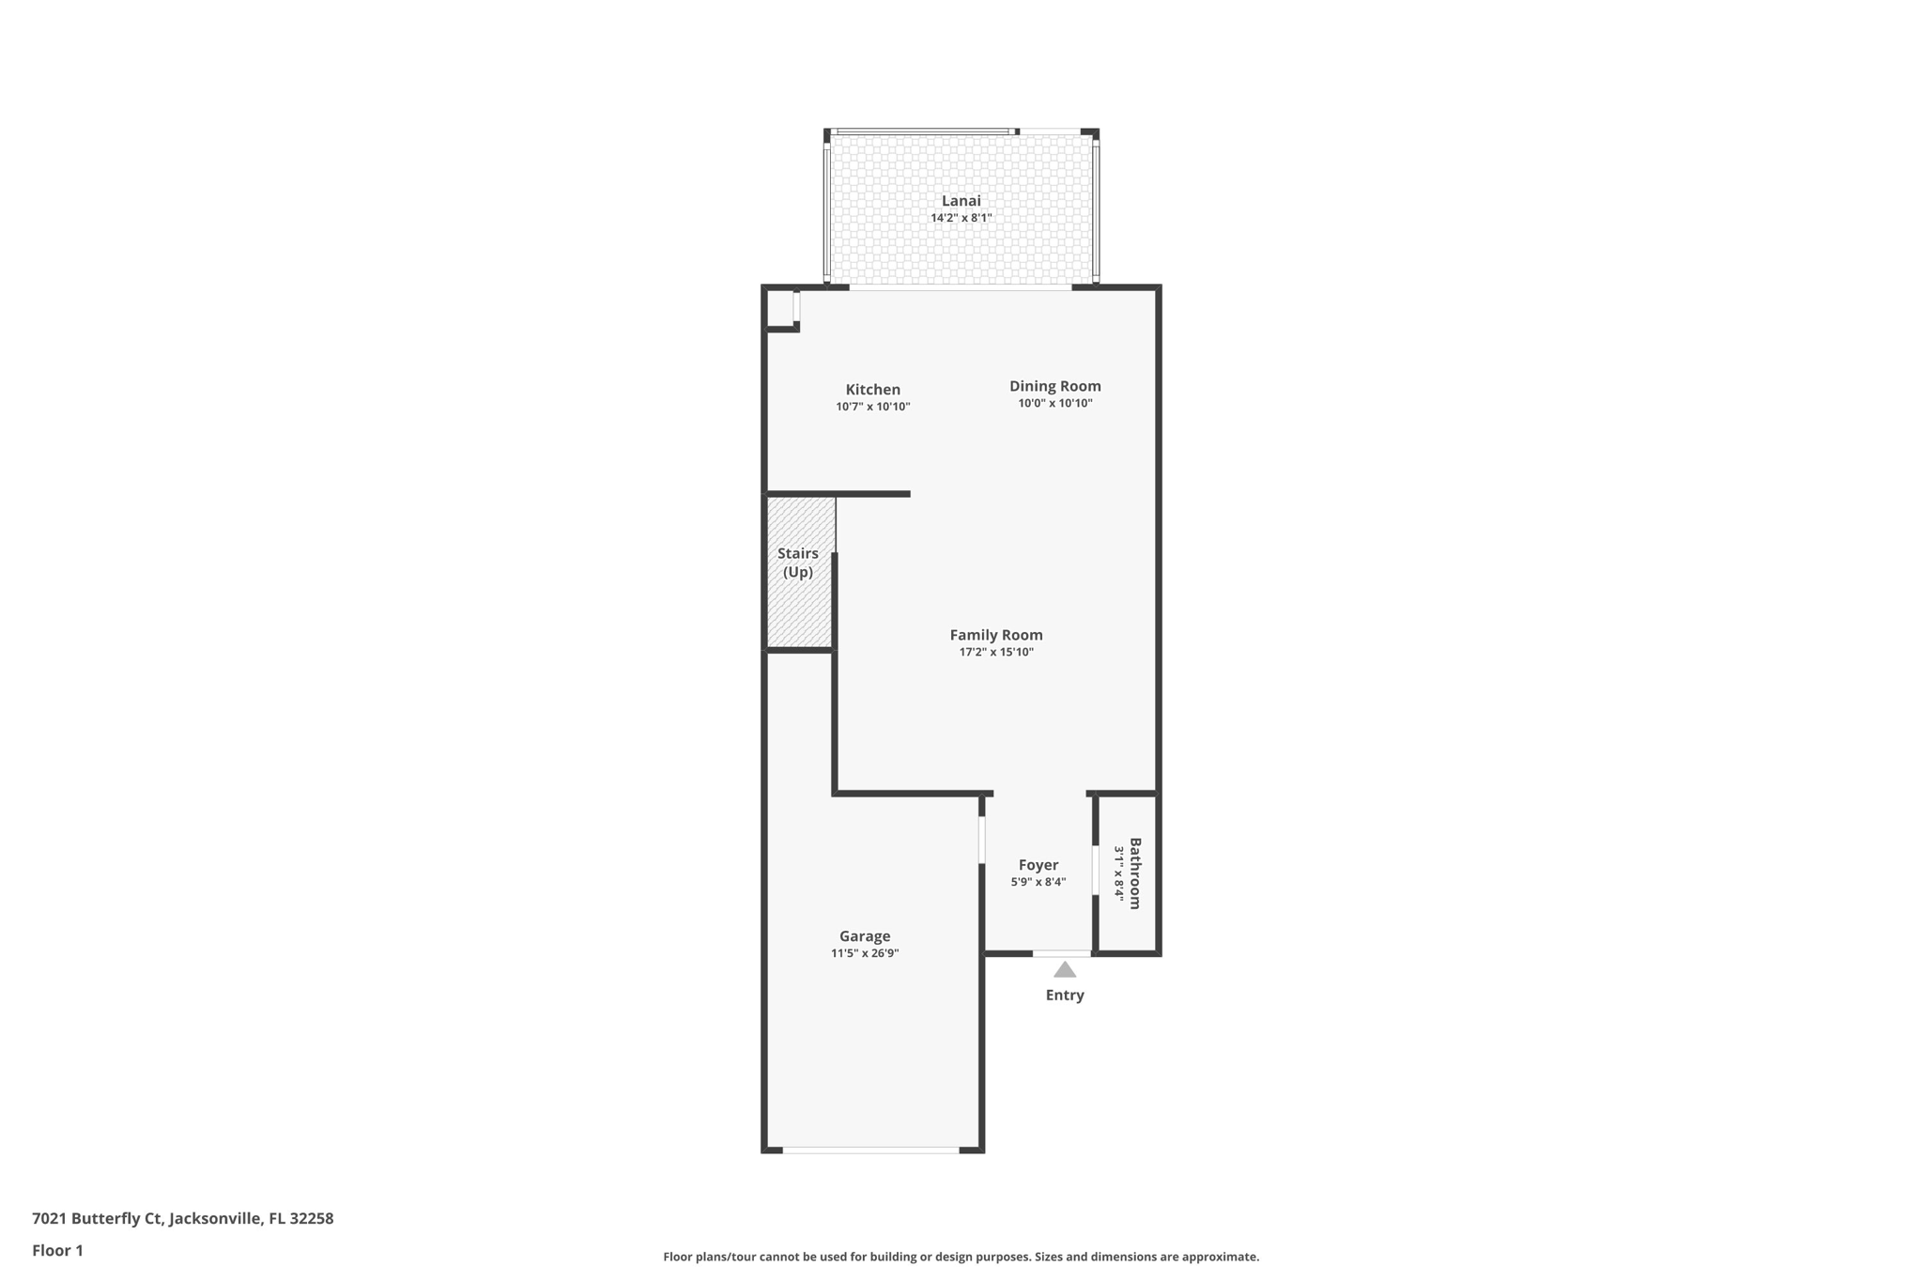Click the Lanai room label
pyautogui.click(x=961, y=200)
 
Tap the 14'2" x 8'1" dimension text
pyautogui.click(x=961, y=218)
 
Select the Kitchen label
pyautogui.click(x=872, y=389)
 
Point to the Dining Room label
pyautogui.click(x=1054, y=385)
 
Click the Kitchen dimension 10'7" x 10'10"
pyautogui.click(x=872, y=407)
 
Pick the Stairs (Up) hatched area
pyautogui.click(x=799, y=601)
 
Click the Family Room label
pyautogui.click(x=995, y=635)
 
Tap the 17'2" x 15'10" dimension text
pyautogui.click(x=995, y=652)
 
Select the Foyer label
pyautogui.click(x=1038, y=865)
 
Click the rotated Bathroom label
pyautogui.click(x=1135, y=873)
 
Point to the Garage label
pyautogui.click(x=864, y=936)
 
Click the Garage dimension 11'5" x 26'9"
pyautogui.click(x=864, y=953)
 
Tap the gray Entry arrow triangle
pyautogui.click(x=1064, y=970)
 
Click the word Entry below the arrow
pyautogui.click(x=1064, y=996)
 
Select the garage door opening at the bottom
pyautogui.click(x=870, y=1150)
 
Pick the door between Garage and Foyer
pyautogui.click(x=981, y=840)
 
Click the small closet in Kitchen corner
pyautogui.click(x=780, y=308)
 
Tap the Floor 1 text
pyautogui.click(x=57, y=1250)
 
